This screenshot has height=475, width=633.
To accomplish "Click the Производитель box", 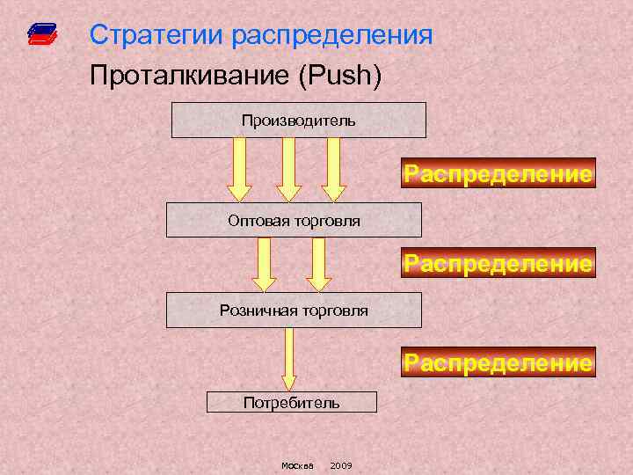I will click(x=298, y=120).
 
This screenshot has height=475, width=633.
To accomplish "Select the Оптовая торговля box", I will click(x=294, y=220).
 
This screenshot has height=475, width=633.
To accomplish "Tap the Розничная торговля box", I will click(x=294, y=311).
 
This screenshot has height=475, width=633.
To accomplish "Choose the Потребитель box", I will click(x=291, y=402).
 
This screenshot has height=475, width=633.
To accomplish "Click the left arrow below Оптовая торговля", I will click(x=265, y=264).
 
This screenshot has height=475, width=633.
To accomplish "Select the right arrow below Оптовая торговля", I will click(x=317, y=264).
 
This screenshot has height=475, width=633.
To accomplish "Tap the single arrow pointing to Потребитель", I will click(x=289, y=359).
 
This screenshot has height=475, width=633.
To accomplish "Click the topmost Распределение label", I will click(x=498, y=174).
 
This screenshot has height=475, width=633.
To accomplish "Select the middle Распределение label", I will click(x=498, y=263).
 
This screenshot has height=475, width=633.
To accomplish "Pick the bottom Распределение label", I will click(x=498, y=362).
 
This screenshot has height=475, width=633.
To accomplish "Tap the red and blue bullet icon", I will click(x=41, y=34).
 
